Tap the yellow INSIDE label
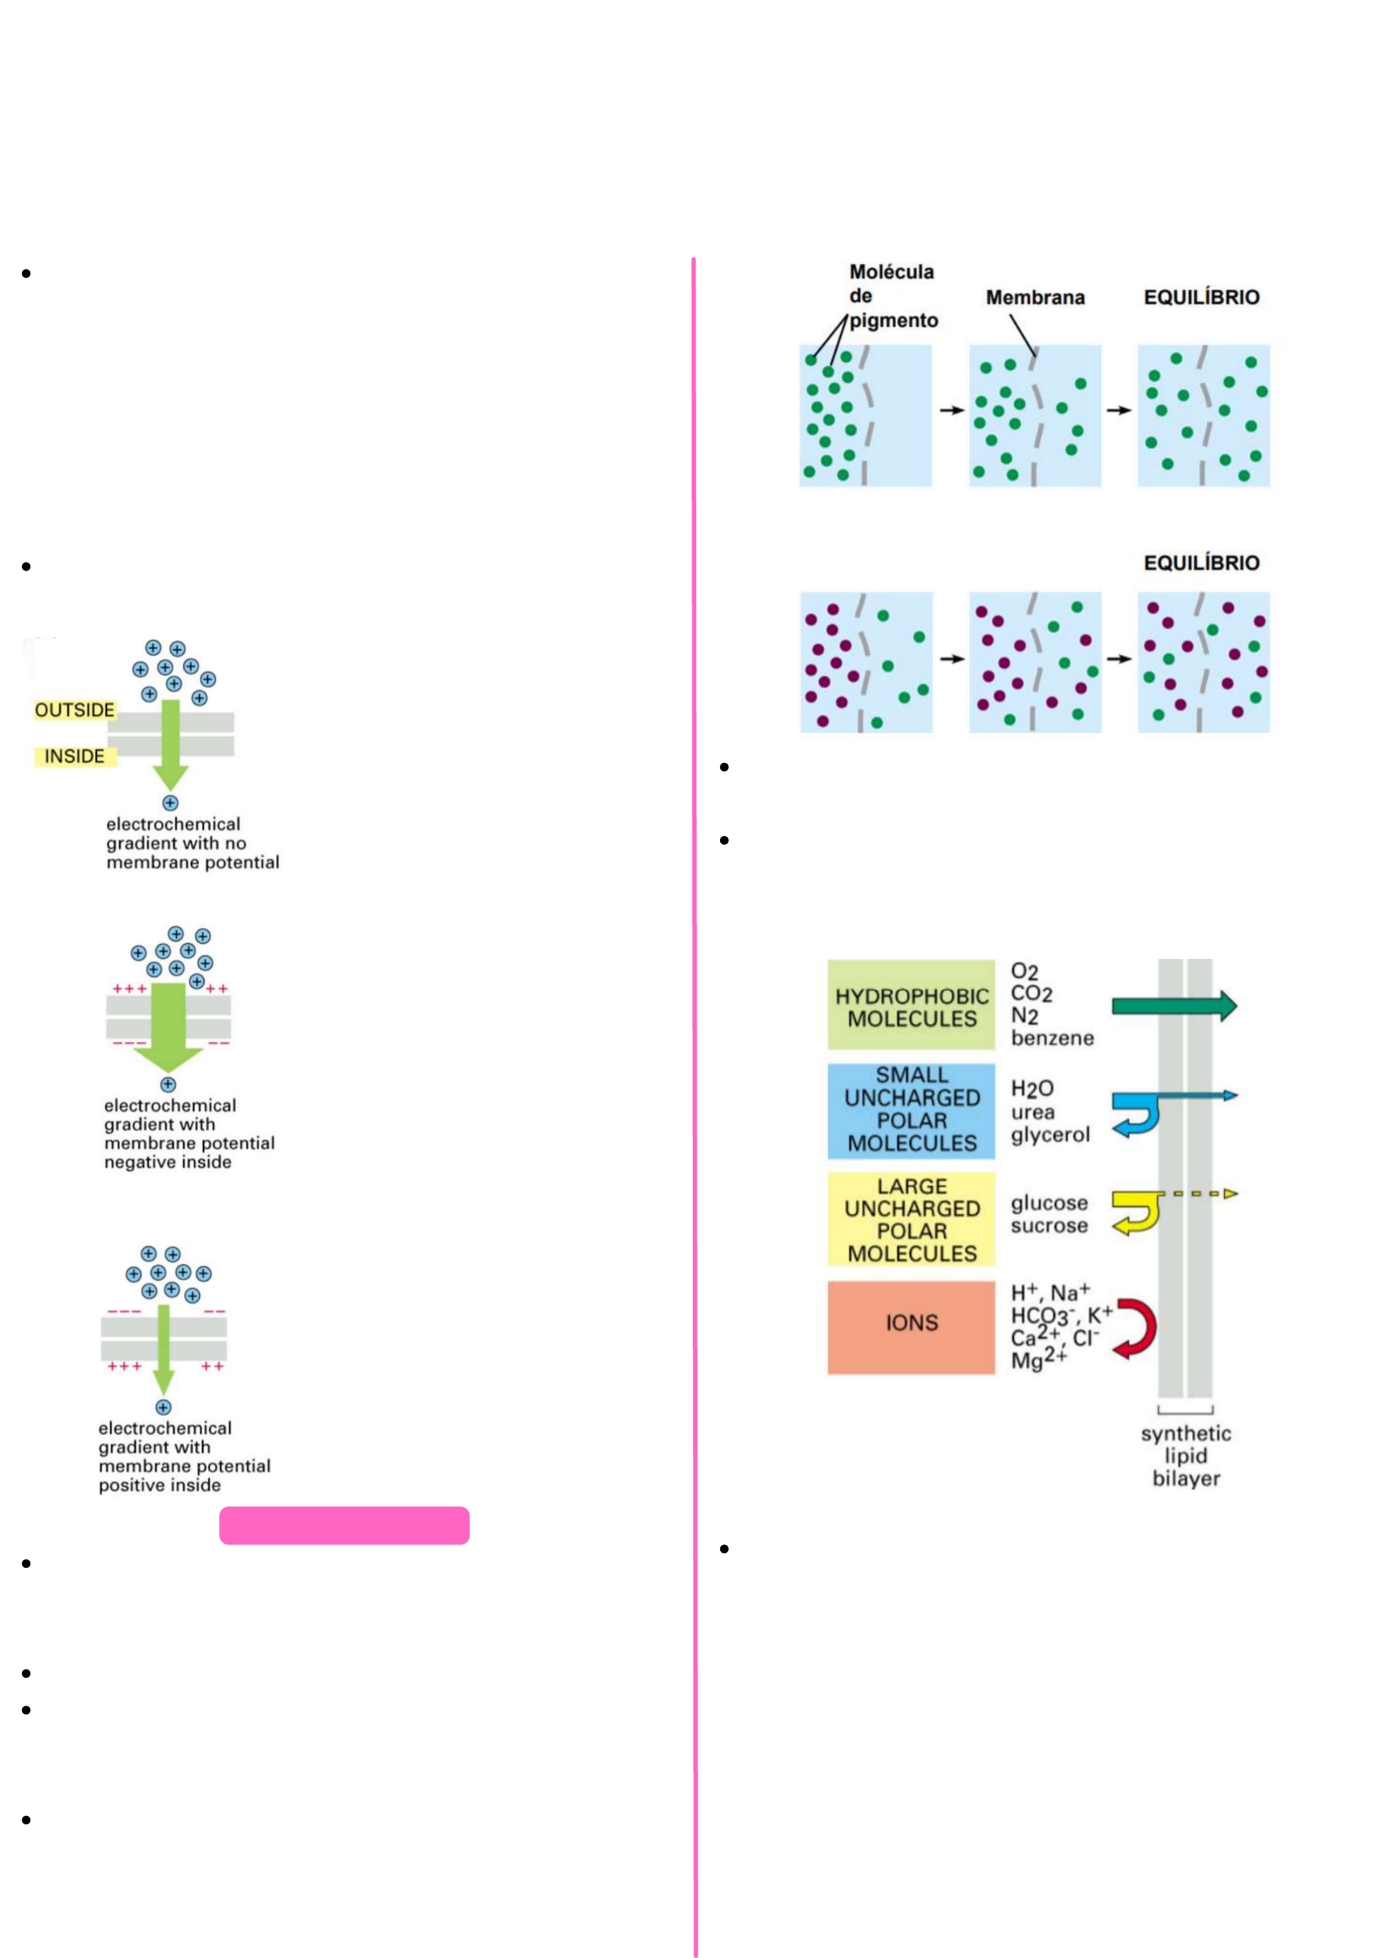(74, 757)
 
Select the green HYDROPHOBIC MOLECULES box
(911, 1006)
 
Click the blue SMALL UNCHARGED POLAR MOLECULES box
(911, 1110)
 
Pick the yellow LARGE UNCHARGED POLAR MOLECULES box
(911, 1219)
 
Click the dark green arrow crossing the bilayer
(1173, 1006)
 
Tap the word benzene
(1052, 1038)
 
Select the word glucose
(1049, 1203)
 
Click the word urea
(1032, 1112)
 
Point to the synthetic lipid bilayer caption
(1185, 1456)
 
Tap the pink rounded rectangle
(344, 1526)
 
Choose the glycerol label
(1050, 1135)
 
